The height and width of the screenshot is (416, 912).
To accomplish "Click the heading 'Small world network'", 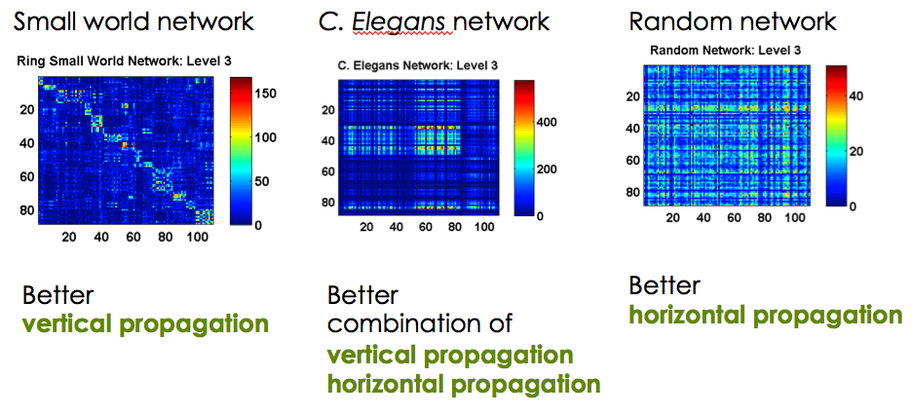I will pyautogui.click(x=134, y=20).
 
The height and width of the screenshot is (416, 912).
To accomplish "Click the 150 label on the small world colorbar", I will pyautogui.click(x=265, y=93).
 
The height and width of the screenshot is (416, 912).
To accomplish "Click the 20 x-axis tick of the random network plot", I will pyautogui.click(x=672, y=217).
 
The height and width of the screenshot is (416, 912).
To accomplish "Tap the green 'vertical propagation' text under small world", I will pyautogui.click(x=145, y=324).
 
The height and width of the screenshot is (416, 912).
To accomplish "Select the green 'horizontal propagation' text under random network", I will pyautogui.click(x=766, y=315).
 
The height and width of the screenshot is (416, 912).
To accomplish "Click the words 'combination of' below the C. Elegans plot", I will pyautogui.click(x=419, y=323).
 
